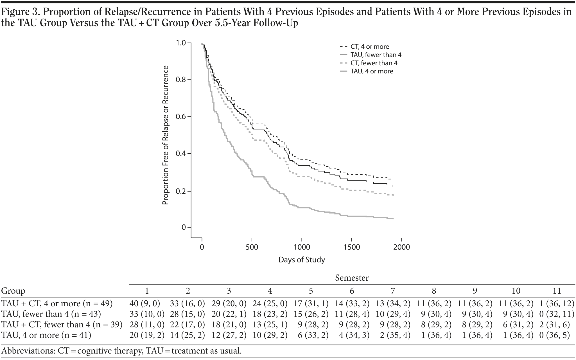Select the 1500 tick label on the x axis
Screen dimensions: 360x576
352,247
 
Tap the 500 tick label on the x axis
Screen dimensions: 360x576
252,247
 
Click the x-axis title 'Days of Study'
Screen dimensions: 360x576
302,260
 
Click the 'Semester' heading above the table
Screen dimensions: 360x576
352,278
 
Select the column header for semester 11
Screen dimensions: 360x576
557,291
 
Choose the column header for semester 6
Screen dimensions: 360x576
352,291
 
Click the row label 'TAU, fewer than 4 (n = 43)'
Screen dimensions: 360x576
51,314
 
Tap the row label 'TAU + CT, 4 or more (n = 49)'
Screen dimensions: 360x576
57,303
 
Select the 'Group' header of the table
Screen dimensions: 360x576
13,291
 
